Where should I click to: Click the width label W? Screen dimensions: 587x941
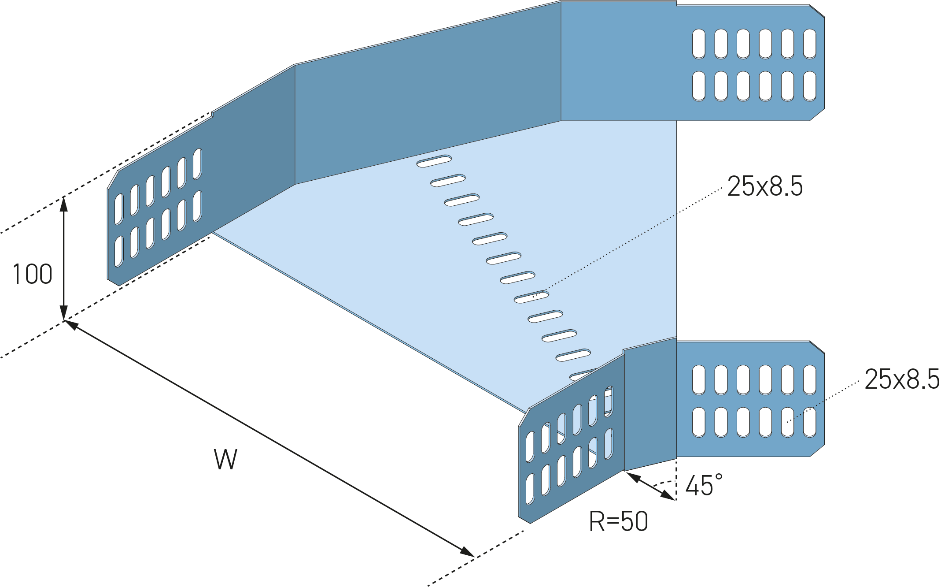click(226, 459)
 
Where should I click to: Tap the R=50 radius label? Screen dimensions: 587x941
click(618, 521)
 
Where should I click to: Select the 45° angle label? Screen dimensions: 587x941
click(704, 485)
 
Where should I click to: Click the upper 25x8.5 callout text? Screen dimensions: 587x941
click(765, 186)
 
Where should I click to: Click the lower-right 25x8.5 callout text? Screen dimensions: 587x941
click(901, 379)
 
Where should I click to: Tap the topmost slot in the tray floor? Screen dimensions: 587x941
click(434, 161)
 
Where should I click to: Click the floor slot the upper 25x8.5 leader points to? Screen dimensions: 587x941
click(531, 297)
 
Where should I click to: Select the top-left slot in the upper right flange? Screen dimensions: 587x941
click(699, 44)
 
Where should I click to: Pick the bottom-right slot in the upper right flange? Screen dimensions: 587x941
click(809, 86)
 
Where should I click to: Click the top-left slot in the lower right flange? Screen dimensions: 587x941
click(699, 379)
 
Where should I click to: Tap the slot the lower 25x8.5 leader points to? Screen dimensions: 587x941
click(787, 422)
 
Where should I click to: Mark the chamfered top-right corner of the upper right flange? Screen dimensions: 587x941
click(817, 11)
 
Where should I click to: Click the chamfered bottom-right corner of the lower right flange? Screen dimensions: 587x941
click(817, 451)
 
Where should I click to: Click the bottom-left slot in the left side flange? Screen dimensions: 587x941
click(119, 252)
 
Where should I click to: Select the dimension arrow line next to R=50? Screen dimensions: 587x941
click(650, 486)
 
